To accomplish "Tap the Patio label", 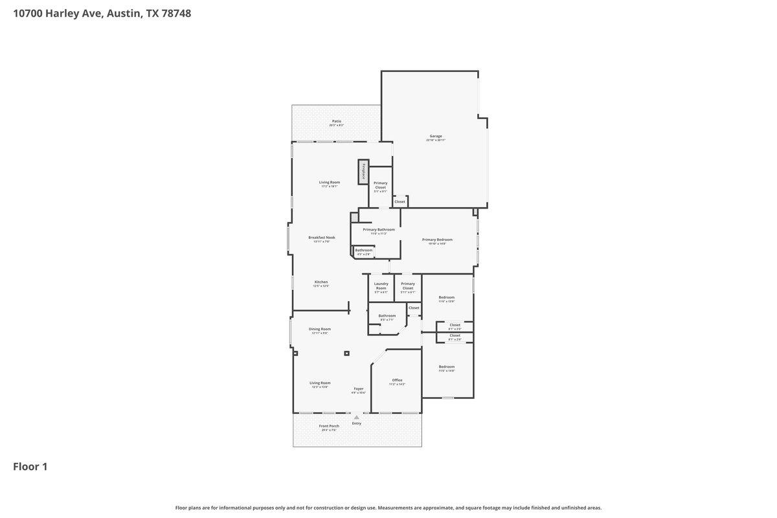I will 336,121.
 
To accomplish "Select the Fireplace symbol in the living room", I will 363,172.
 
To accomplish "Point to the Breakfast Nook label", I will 321,238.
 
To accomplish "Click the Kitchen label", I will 321,282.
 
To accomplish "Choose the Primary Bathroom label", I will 378,229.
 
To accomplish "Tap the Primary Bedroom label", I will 437,240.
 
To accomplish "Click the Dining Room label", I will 321,329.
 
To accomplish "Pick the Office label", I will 397,380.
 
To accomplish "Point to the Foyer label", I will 358,388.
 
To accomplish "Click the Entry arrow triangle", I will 356,417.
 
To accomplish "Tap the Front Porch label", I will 329,426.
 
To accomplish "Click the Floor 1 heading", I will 30,466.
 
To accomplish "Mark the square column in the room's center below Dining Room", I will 347,353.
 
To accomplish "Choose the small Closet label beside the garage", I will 400,201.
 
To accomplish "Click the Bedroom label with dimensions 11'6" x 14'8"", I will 446,366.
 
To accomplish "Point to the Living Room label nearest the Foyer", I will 320,383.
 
